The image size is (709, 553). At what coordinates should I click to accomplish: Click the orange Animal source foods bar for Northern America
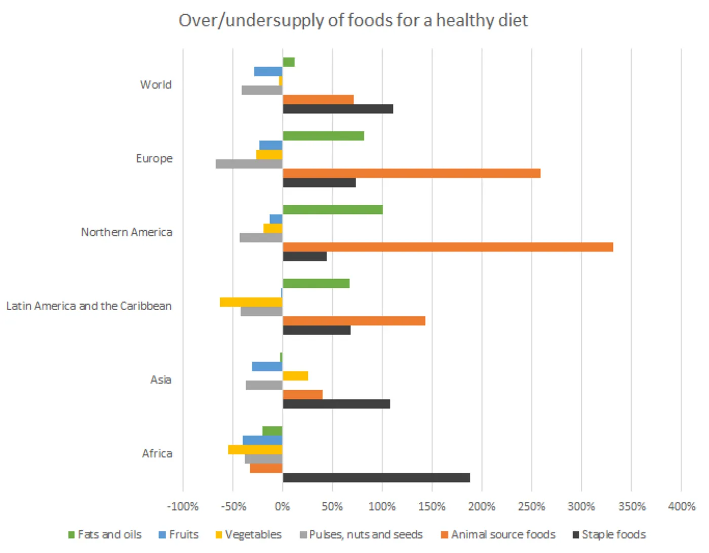pos(448,247)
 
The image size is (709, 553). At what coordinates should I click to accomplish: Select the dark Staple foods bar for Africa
pos(376,477)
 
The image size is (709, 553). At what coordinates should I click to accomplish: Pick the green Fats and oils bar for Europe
pos(323,136)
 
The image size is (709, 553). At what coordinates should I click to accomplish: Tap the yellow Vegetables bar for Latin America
pos(251,302)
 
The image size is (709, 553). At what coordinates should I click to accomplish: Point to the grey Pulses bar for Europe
pos(249,164)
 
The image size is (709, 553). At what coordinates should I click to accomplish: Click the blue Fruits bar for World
pos(268,71)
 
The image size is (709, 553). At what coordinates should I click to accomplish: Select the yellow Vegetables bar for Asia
pos(295,376)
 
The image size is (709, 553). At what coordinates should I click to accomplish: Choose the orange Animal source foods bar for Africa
pos(266,468)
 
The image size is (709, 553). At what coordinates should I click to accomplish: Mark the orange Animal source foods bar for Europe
pos(411,173)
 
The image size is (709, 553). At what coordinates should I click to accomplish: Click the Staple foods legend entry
pos(613,535)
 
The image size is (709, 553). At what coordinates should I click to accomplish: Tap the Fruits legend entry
pos(183,535)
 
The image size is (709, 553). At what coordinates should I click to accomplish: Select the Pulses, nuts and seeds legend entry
pos(366,535)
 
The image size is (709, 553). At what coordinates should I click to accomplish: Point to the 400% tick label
pos(681,506)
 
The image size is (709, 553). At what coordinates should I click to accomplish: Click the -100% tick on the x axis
pos(183,506)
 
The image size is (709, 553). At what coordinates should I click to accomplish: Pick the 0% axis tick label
pos(283,506)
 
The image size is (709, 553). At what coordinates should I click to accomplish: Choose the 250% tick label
pos(531,506)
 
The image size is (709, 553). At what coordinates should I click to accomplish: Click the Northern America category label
pos(127,232)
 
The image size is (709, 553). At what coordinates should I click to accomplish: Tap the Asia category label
pos(161,380)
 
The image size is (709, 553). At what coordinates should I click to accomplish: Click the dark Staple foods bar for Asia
pos(336,404)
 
